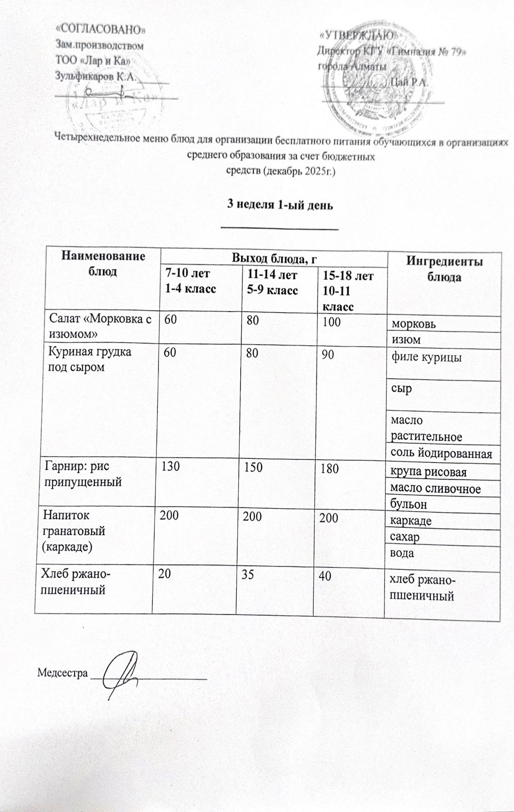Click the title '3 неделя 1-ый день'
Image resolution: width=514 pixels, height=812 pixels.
tap(279, 205)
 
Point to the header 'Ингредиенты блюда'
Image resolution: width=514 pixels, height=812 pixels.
tap(444, 269)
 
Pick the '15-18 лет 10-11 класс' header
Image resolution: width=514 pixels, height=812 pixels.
tap(348, 291)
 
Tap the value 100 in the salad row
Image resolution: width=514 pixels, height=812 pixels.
tap(332, 321)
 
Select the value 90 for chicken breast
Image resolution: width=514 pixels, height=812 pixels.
tap(328, 355)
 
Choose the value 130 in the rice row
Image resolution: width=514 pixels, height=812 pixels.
tap(170, 466)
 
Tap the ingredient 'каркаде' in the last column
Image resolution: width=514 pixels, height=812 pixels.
tap(411, 520)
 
